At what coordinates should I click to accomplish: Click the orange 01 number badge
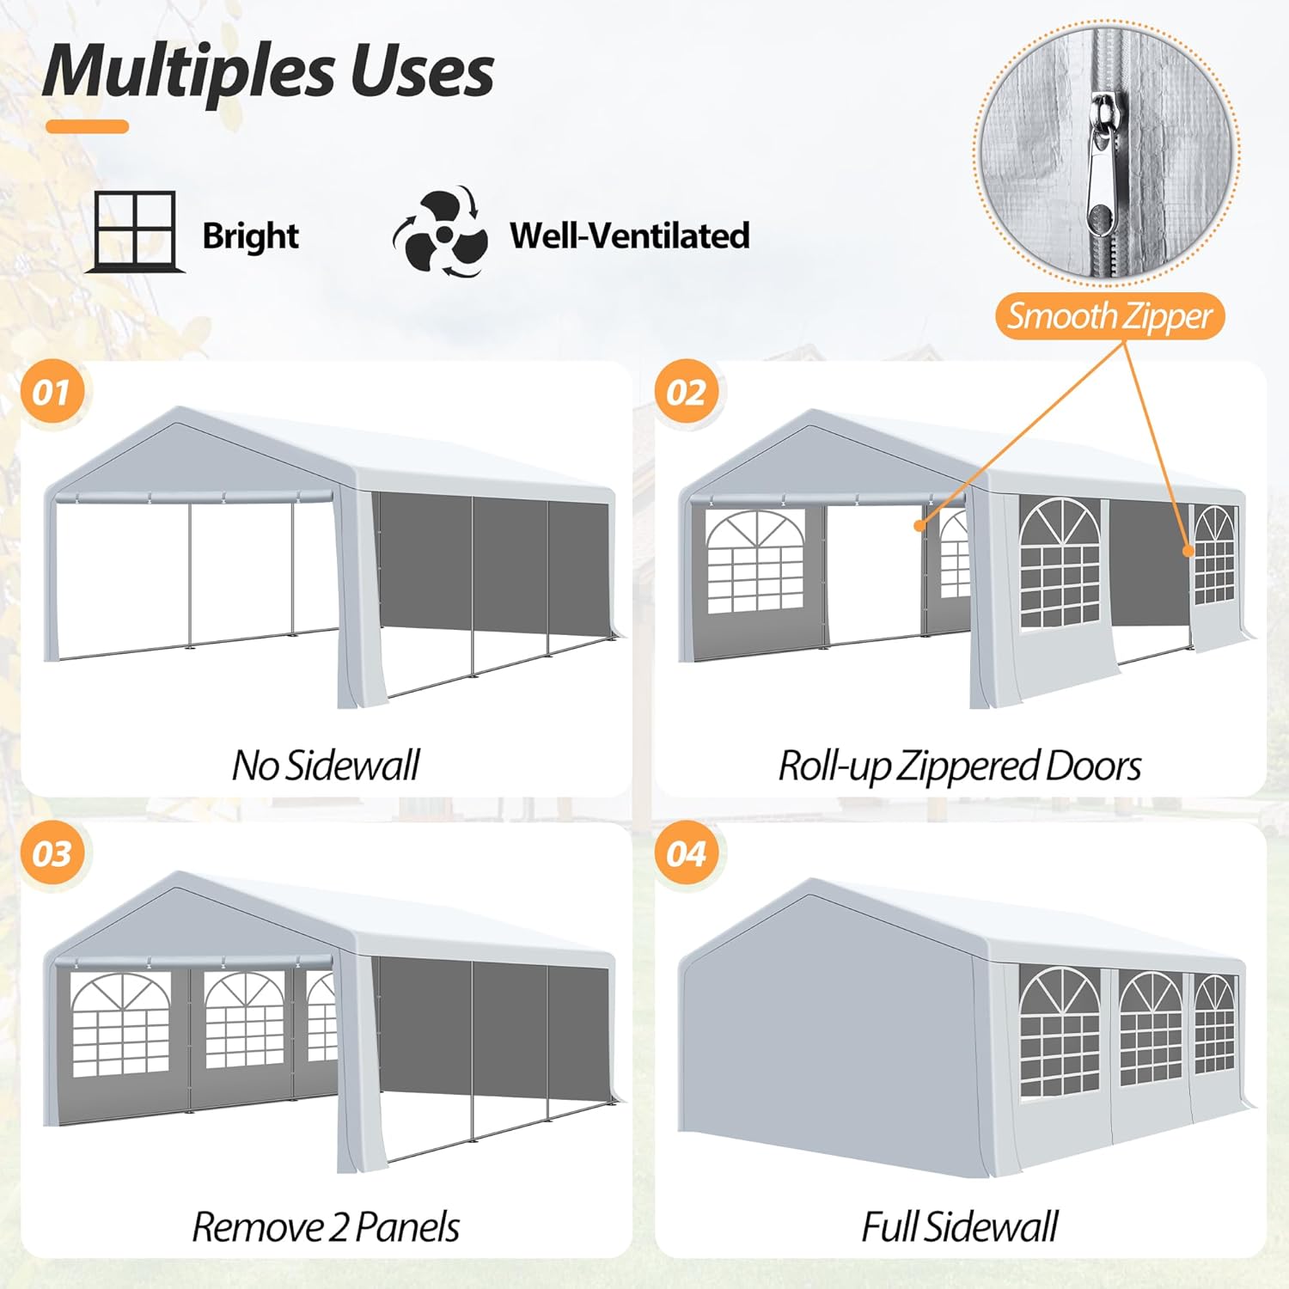coord(52,392)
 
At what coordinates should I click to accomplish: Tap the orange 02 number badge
coord(687,392)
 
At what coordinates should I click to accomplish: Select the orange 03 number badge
coord(52,853)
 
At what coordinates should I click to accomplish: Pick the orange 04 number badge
coord(687,853)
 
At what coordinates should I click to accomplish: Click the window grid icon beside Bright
coord(134,231)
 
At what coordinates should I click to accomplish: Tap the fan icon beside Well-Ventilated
coord(442,233)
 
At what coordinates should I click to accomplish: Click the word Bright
coord(250,235)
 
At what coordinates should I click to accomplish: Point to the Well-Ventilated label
coord(629,235)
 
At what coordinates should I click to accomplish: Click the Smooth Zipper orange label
coord(1109,316)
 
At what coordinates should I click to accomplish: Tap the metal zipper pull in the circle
coord(1101,172)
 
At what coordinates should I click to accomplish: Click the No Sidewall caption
coord(326,765)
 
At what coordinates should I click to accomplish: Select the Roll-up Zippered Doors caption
coord(959,765)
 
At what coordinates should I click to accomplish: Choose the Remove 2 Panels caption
coord(326,1226)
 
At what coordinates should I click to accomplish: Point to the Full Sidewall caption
coord(959,1226)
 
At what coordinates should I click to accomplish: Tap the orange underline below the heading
coord(87,127)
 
